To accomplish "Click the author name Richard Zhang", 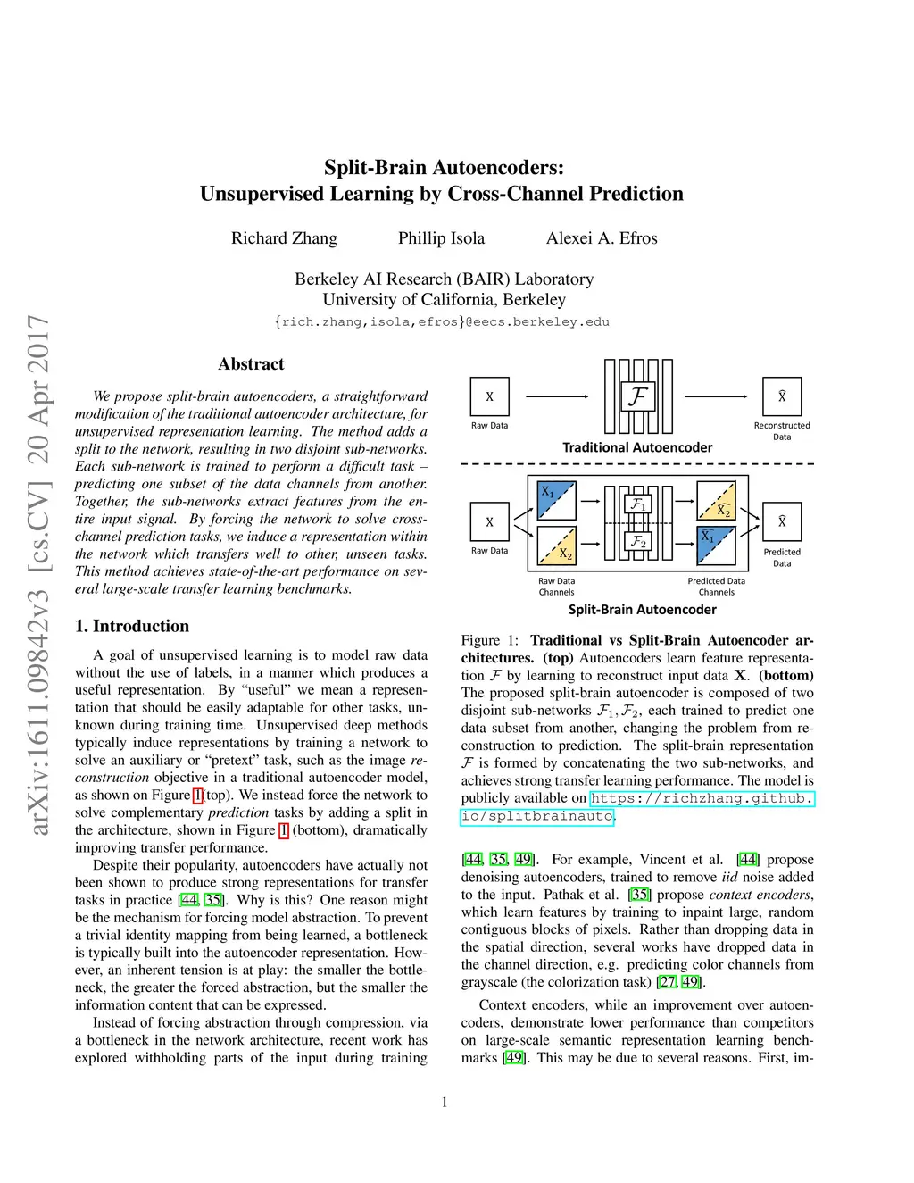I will coord(284,238).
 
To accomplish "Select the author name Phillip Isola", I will coord(441,238).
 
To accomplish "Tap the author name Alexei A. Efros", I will coord(602,238).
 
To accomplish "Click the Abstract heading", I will coord(251,364).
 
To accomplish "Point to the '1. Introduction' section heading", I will coord(132,626).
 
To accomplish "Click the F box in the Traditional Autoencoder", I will coord(638,396).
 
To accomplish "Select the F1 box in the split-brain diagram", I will coord(638,504).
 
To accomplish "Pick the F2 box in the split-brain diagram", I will coord(638,541).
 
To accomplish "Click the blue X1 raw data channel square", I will coord(556,501).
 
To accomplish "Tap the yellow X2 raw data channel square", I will coord(556,545).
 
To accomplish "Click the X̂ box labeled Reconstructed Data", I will coord(782,396).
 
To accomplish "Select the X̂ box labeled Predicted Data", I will coord(782,522).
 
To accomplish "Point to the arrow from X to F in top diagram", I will coord(557,396).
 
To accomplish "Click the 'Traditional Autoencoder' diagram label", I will coord(637,447).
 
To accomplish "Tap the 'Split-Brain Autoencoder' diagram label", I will coord(642,610).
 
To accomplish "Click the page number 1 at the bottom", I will coord(445,1103).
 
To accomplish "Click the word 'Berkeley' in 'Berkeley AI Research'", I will coord(327,279).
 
